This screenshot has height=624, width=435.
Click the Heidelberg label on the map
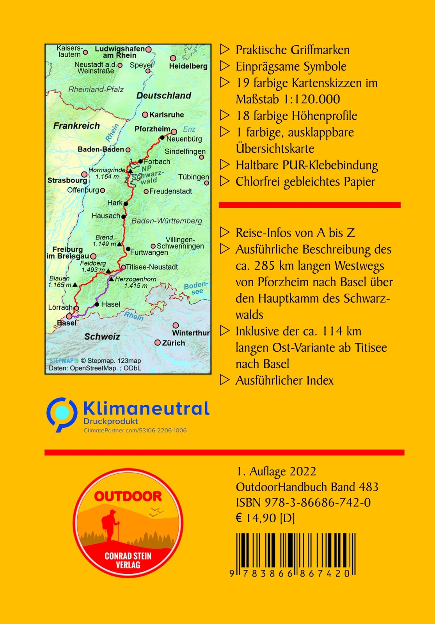(188, 66)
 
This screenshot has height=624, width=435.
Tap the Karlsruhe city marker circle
(145, 115)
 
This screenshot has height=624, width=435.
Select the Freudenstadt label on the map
(170, 191)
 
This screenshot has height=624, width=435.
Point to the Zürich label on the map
(173, 343)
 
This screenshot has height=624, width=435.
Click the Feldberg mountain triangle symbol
(108, 271)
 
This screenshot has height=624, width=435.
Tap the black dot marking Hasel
(97, 304)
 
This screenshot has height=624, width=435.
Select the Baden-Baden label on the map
(101, 149)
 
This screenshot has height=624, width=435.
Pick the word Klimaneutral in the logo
(146, 409)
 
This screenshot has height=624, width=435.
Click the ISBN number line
(303, 502)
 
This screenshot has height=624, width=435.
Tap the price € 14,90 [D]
(265, 518)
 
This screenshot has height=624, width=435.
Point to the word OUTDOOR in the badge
(128, 496)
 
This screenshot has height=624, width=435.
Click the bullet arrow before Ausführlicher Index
(225, 380)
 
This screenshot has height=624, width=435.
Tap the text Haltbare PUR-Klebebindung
(307, 165)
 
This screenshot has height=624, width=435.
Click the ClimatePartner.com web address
(135, 431)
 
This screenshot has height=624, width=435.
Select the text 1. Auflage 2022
(276, 471)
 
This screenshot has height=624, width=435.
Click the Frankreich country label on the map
(76, 126)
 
